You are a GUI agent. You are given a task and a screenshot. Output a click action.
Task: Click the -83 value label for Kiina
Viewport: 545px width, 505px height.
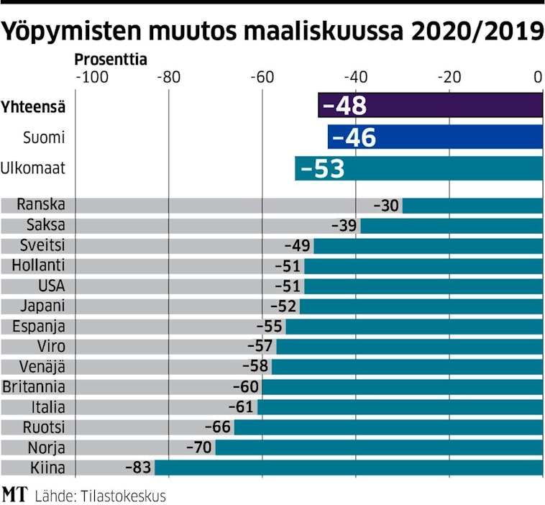coord(138,468)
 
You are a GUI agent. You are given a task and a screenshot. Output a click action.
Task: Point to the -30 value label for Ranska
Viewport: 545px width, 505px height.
coord(386,206)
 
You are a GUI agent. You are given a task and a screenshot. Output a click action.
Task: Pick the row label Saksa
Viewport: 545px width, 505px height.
coord(45,225)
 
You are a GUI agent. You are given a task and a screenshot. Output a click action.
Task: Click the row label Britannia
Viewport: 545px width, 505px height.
coord(34,387)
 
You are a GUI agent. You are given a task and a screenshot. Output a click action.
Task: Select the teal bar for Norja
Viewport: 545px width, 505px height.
coord(379,447)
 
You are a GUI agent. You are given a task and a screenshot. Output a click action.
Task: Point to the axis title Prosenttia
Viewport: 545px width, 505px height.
coord(111,60)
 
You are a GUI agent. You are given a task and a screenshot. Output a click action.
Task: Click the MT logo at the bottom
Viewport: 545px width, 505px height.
coord(14,494)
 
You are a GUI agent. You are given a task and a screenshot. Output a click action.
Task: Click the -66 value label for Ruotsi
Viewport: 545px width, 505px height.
coord(217,427)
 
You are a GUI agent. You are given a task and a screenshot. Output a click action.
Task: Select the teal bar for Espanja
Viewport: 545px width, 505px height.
coord(413,327)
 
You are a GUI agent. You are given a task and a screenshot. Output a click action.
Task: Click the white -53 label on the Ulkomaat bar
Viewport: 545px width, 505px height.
coord(323,168)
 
